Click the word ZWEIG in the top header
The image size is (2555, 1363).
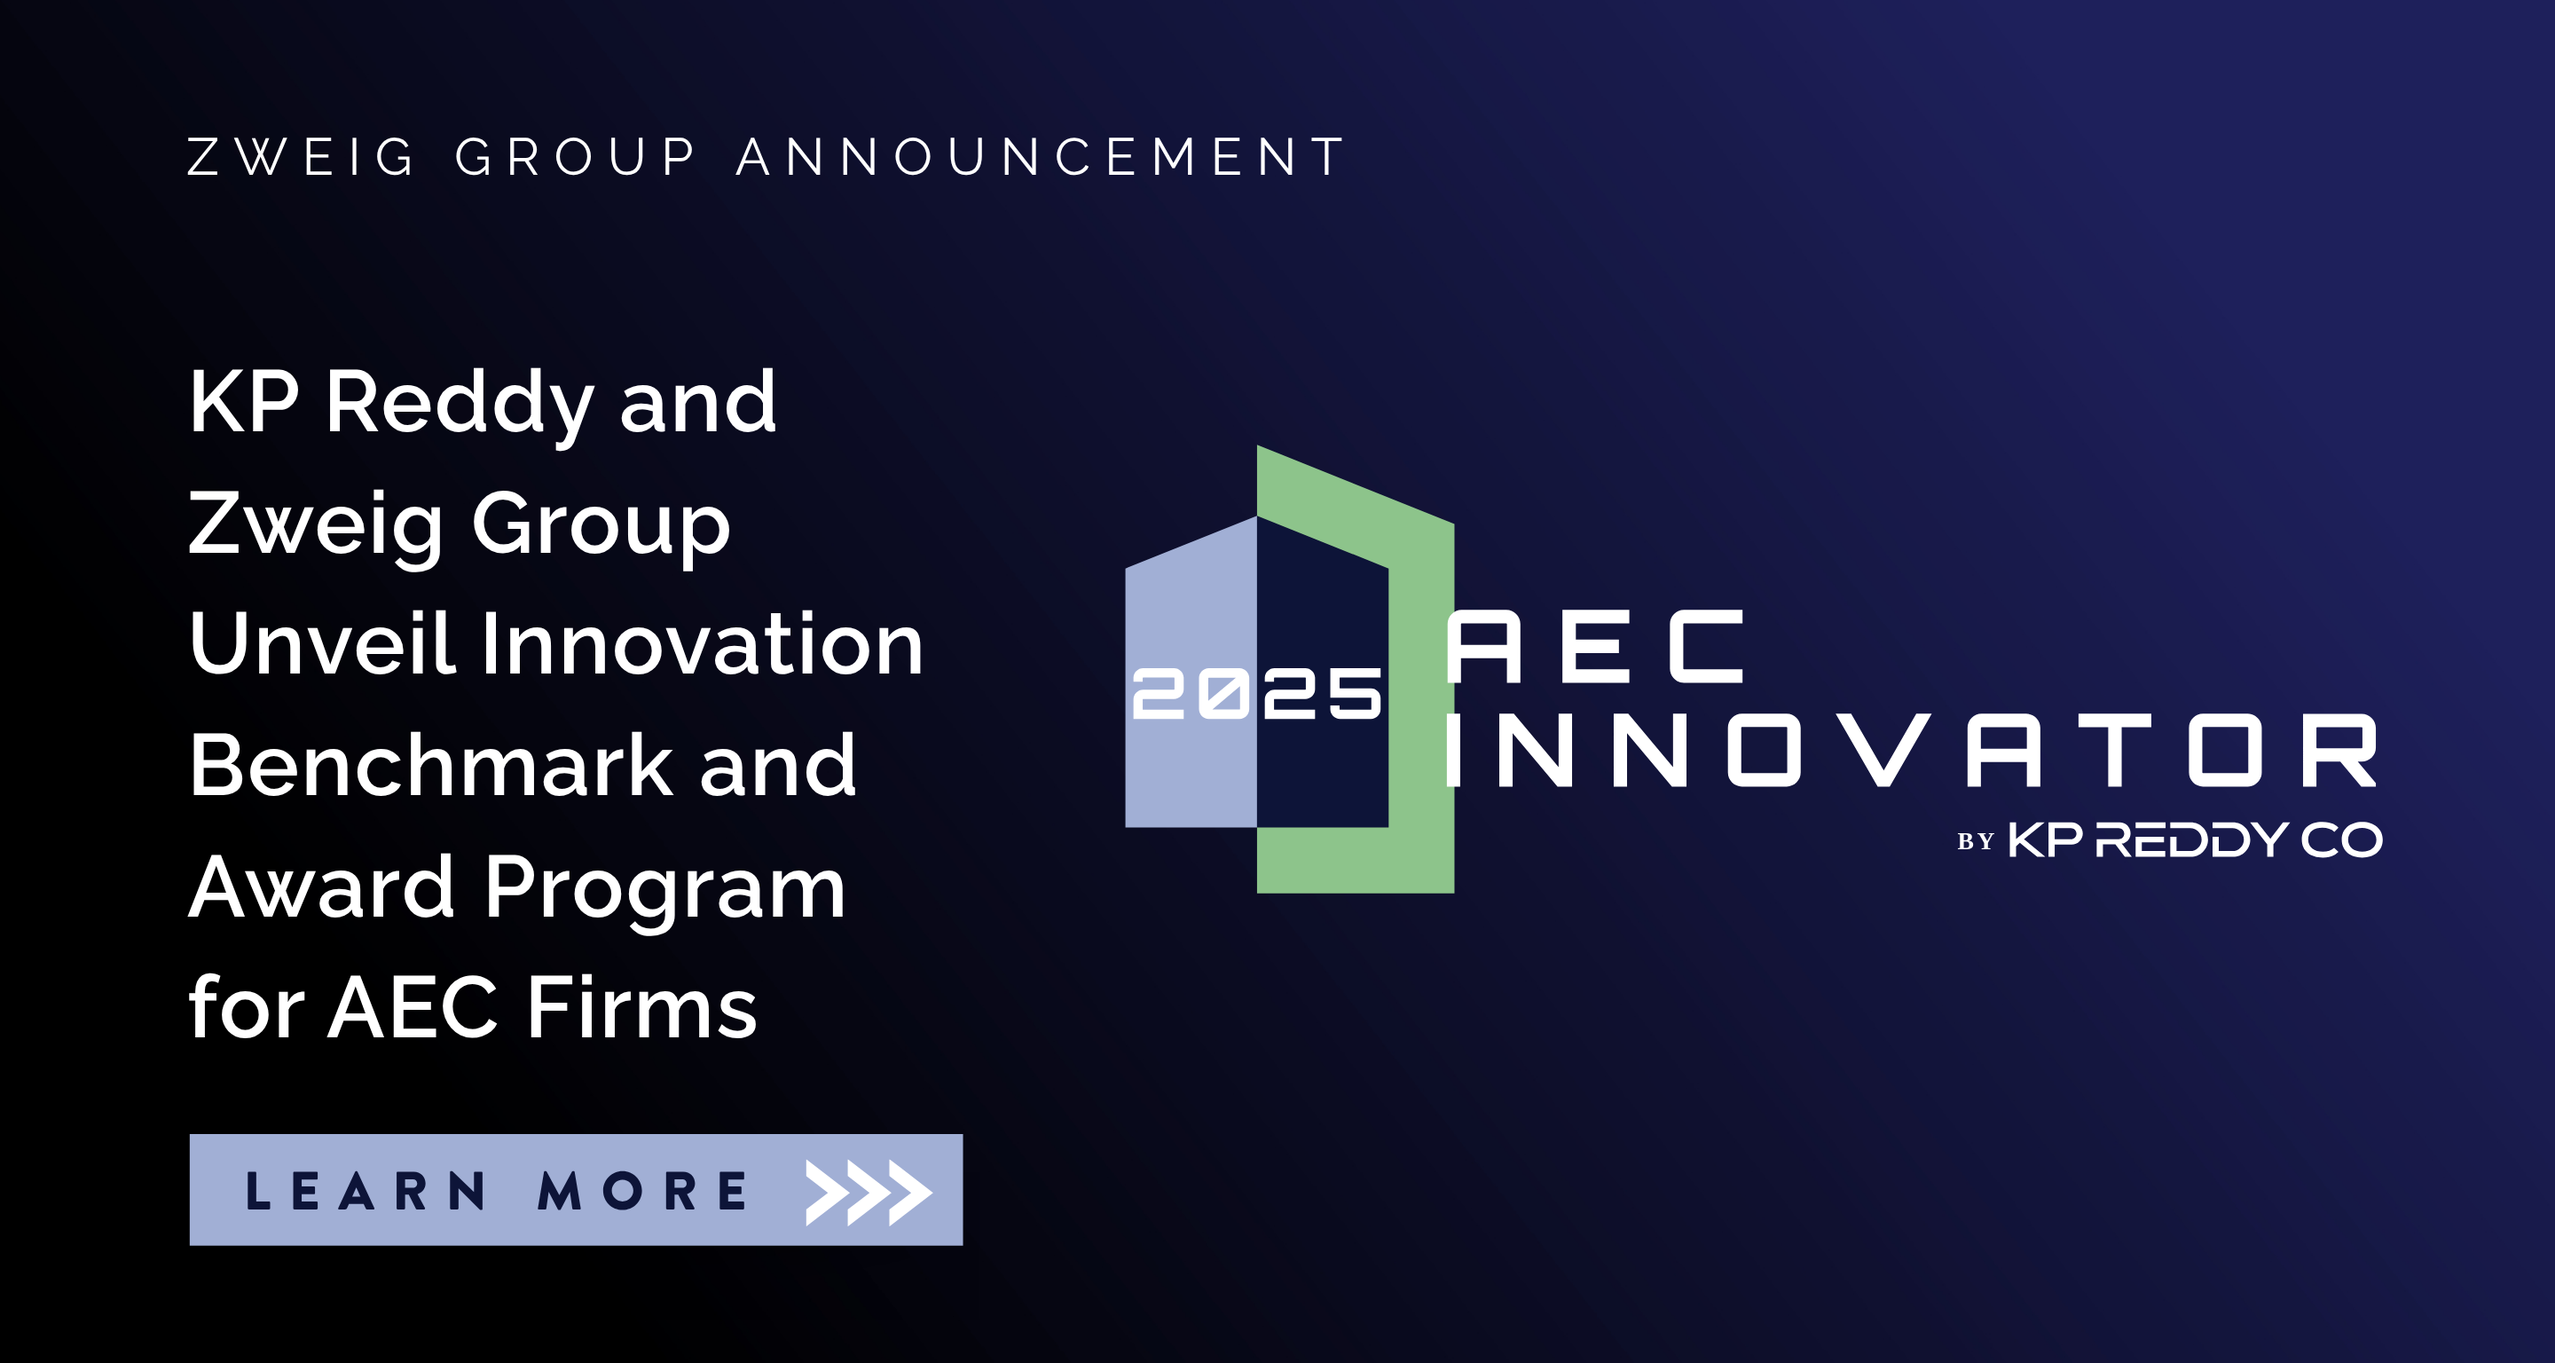coord(302,157)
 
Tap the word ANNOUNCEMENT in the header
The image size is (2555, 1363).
coord(1041,157)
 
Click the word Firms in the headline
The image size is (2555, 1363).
coord(642,1008)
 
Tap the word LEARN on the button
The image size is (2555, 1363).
coord(366,1190)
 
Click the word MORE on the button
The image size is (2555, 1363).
coord(641,1190)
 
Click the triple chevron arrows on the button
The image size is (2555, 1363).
coord(869,1193)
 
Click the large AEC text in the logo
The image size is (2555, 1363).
coord(1595,646)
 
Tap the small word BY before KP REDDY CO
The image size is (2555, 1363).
coord(1975,842)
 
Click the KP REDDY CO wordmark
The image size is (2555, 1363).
coord(2195,840)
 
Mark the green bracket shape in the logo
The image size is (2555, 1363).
coord(1421,695)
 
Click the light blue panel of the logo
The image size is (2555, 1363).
coord(1191,754)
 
